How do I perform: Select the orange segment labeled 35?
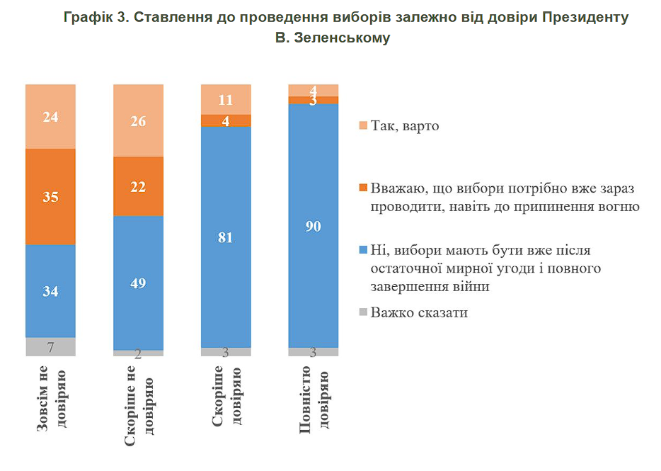tap(50, 196)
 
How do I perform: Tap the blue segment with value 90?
tap(314, 226)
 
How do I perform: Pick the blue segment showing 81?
tap(226, 237)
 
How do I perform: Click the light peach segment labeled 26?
tap(139, 120)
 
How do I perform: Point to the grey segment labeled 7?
tap(50, 346)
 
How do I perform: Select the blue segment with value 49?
tap(139, 283)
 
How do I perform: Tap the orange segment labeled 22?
tap(139, 186)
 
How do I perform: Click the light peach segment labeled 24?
tap(50, 116)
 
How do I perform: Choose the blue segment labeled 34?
tap(50, 290)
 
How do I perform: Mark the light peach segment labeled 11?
tap(226, 99)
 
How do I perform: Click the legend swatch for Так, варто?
tap(364, 126)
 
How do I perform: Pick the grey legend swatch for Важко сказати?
tap(364, 312)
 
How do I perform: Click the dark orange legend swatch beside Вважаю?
tap(364, 188)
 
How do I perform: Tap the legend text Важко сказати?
tap(419, 312)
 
